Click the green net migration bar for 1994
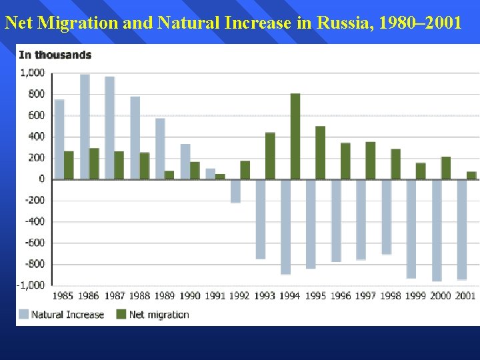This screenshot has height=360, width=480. coord(295,136)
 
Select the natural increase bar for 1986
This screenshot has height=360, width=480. coord(85,127)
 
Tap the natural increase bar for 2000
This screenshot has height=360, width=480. coord(437,230)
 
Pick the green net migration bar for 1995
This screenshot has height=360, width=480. coord(320,153)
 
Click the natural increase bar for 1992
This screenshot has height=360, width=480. coord(235,191)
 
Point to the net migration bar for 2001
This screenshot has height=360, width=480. coord(471,175)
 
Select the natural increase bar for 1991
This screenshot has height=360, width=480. coord(210,174)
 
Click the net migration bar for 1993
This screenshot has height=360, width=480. coord(270,156)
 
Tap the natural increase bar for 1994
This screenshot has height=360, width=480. coord(285,227)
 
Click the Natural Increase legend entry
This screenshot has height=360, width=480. coord(61,315)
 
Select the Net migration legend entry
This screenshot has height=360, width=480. coord(153,315)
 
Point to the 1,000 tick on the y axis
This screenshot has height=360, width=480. coord(32,73)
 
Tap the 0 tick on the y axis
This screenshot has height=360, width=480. coord(41,179)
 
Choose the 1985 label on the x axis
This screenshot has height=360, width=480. coord(63,296)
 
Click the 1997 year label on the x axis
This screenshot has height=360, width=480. coord(365,296)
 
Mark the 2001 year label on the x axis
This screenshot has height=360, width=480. coord(465,296)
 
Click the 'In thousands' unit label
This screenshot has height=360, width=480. coord(55,55)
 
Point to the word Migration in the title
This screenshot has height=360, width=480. coord(74,23)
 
